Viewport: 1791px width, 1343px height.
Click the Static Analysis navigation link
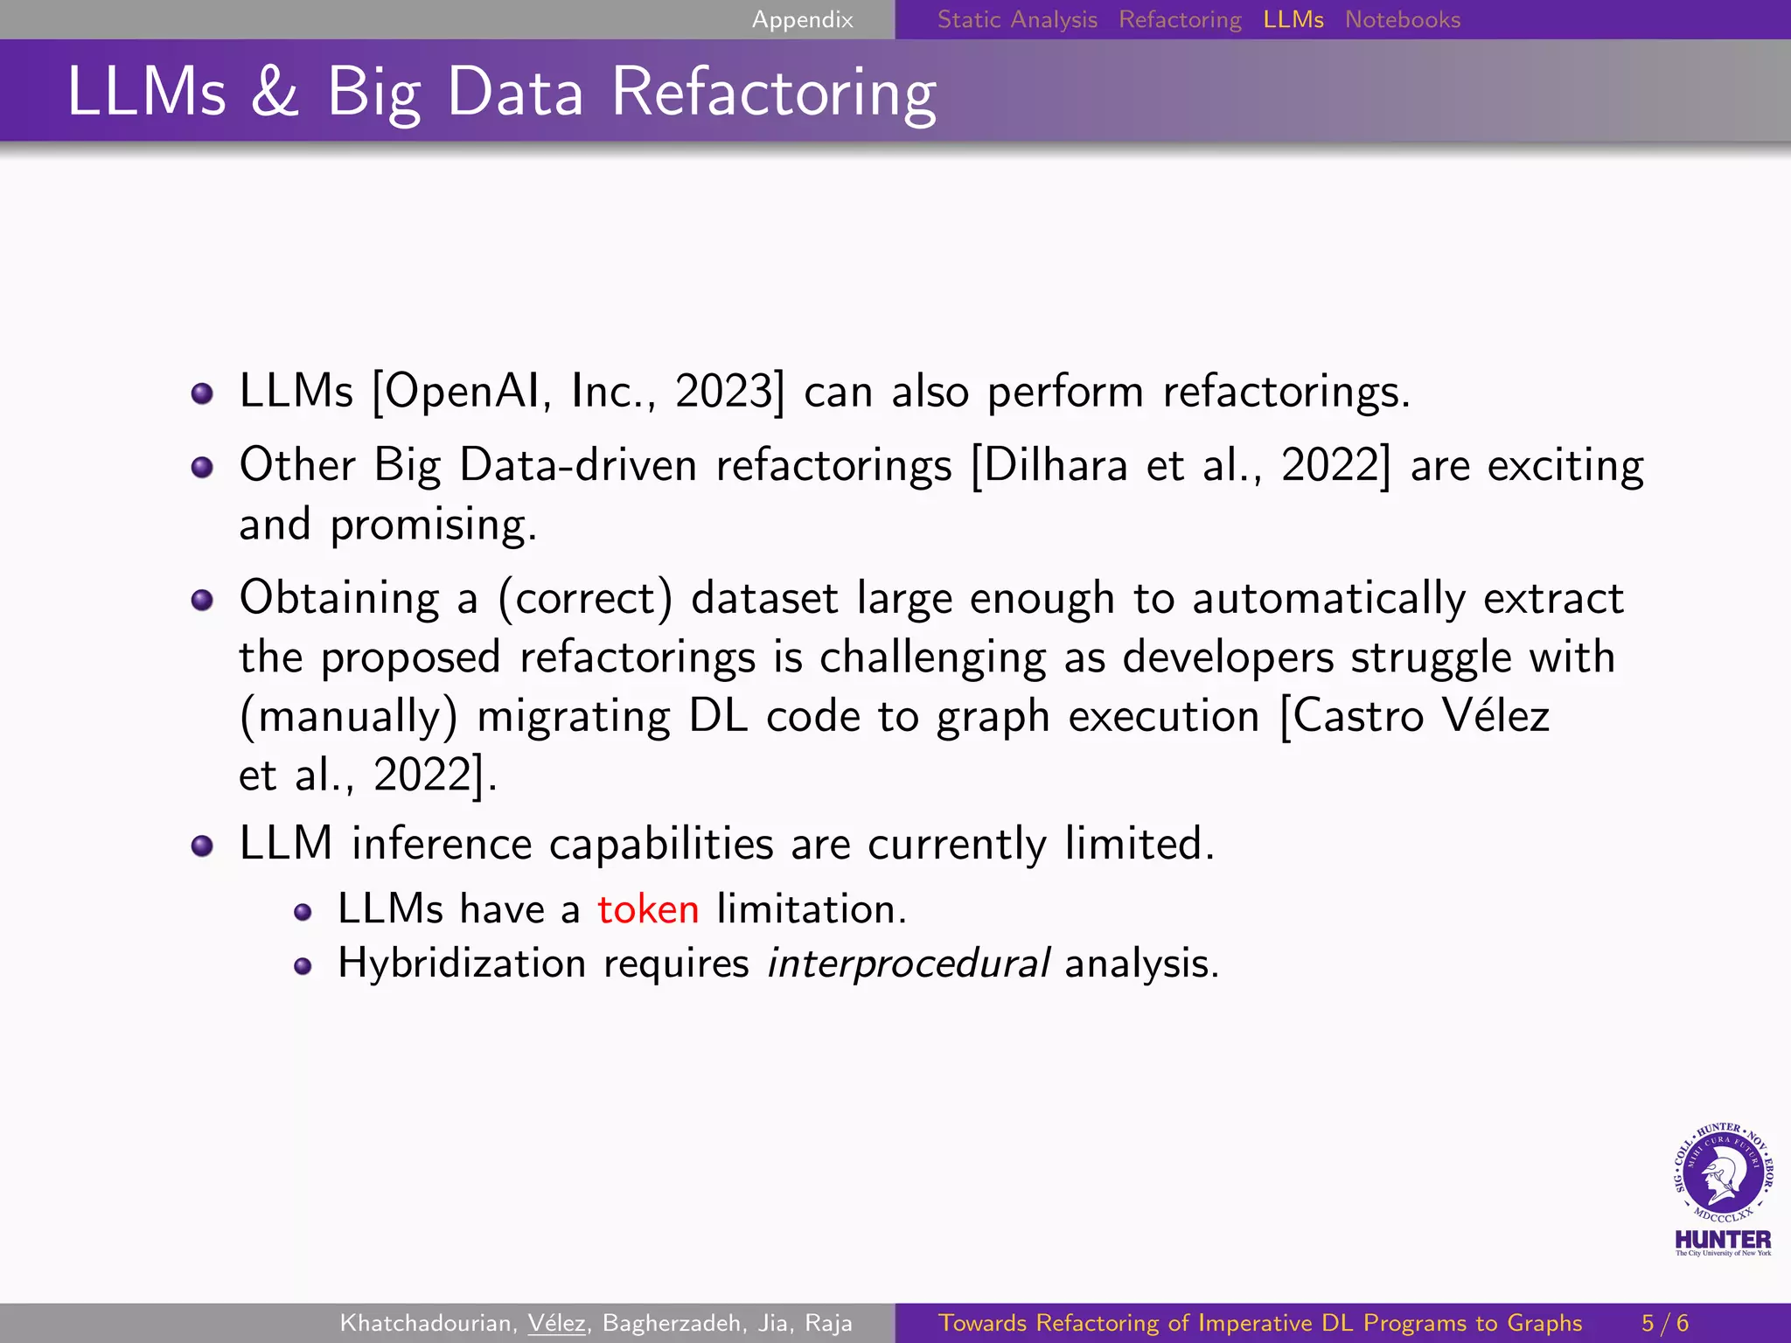[x=1016, y=19]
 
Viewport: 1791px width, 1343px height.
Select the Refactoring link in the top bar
[x=1180, y=19]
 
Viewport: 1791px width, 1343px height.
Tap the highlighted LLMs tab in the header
[x=1293, y=19]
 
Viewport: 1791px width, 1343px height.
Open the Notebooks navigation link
[x=1402, y=19]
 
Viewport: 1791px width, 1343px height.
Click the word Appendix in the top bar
[x=802, y=19]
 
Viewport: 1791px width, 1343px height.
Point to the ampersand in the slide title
[x=275, y=92]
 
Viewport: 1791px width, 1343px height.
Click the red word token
[x=648, y=909]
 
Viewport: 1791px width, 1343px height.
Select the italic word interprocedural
[x=908, y=964]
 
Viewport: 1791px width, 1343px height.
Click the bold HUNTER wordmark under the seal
[x=1722, y=1239]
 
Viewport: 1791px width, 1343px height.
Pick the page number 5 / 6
[x=1664, y=1323]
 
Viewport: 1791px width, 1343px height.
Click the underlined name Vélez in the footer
[x=556, y=1323]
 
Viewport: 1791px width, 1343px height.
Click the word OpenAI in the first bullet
[x=466, y=391]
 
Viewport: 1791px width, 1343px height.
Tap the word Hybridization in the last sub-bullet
[x=462, y=964]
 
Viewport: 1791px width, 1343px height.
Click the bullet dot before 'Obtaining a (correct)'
[x=202, y=600]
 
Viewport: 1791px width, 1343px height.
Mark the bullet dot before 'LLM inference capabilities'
[x=202, y=845]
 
